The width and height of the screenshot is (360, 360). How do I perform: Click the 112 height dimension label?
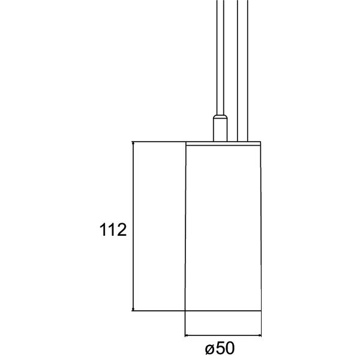click(113, 229)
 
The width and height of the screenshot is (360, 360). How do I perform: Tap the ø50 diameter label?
click(220, 348)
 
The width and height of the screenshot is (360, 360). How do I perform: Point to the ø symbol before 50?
click(210, 349)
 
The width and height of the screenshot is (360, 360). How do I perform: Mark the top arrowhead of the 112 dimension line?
click(133, 143)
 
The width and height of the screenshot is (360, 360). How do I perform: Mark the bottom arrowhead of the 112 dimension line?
click(133, 309)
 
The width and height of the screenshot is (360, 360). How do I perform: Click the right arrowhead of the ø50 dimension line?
click(259, 335)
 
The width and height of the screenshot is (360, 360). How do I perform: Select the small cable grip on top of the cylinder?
click(220, 128)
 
